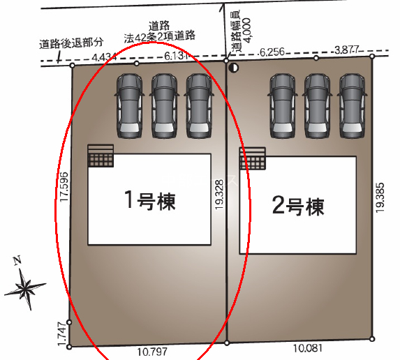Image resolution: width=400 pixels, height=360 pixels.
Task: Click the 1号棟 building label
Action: click(x=150, y=201)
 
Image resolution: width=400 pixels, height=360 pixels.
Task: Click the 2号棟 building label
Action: click(x=298, y=206)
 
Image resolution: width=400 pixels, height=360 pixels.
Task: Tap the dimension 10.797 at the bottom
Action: click(x=152, y=352)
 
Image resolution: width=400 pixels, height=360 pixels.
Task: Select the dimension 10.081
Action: click(x=308, y=348)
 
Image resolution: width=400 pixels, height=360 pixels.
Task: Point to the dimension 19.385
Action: click(x=380, y=197)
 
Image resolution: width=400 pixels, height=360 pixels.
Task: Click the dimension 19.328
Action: click(x=219, y=195)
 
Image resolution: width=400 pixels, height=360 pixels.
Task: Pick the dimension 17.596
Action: click(x=64, y=187)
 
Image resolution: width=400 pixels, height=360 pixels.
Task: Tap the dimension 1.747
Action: click(x=63, y=334)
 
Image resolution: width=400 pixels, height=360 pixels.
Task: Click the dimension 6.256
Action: click(x=272, y=52)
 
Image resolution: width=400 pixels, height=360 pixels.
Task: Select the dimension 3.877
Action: click(x=347, y=50)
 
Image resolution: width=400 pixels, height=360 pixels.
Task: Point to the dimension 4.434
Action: click(x=104, y=58)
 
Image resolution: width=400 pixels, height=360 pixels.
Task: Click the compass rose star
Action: click(x=25, y=289)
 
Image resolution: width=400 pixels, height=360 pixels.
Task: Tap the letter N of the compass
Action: click(x=17, y=260)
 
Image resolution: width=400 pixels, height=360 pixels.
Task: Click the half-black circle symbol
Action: click(x=233, y=68)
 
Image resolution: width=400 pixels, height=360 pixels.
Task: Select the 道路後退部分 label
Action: click(x=71, y=43)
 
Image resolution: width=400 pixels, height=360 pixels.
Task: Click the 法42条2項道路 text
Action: click(x=160, y=37)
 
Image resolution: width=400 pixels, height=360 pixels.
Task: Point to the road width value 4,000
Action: click(x=246, y=29)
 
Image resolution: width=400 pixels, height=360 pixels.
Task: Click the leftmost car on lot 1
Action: click(x=129, y=106)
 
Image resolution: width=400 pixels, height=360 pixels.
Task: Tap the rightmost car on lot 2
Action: click(x=352, y=106)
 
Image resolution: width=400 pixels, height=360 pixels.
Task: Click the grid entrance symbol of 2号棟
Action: click(x=253, y=158)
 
